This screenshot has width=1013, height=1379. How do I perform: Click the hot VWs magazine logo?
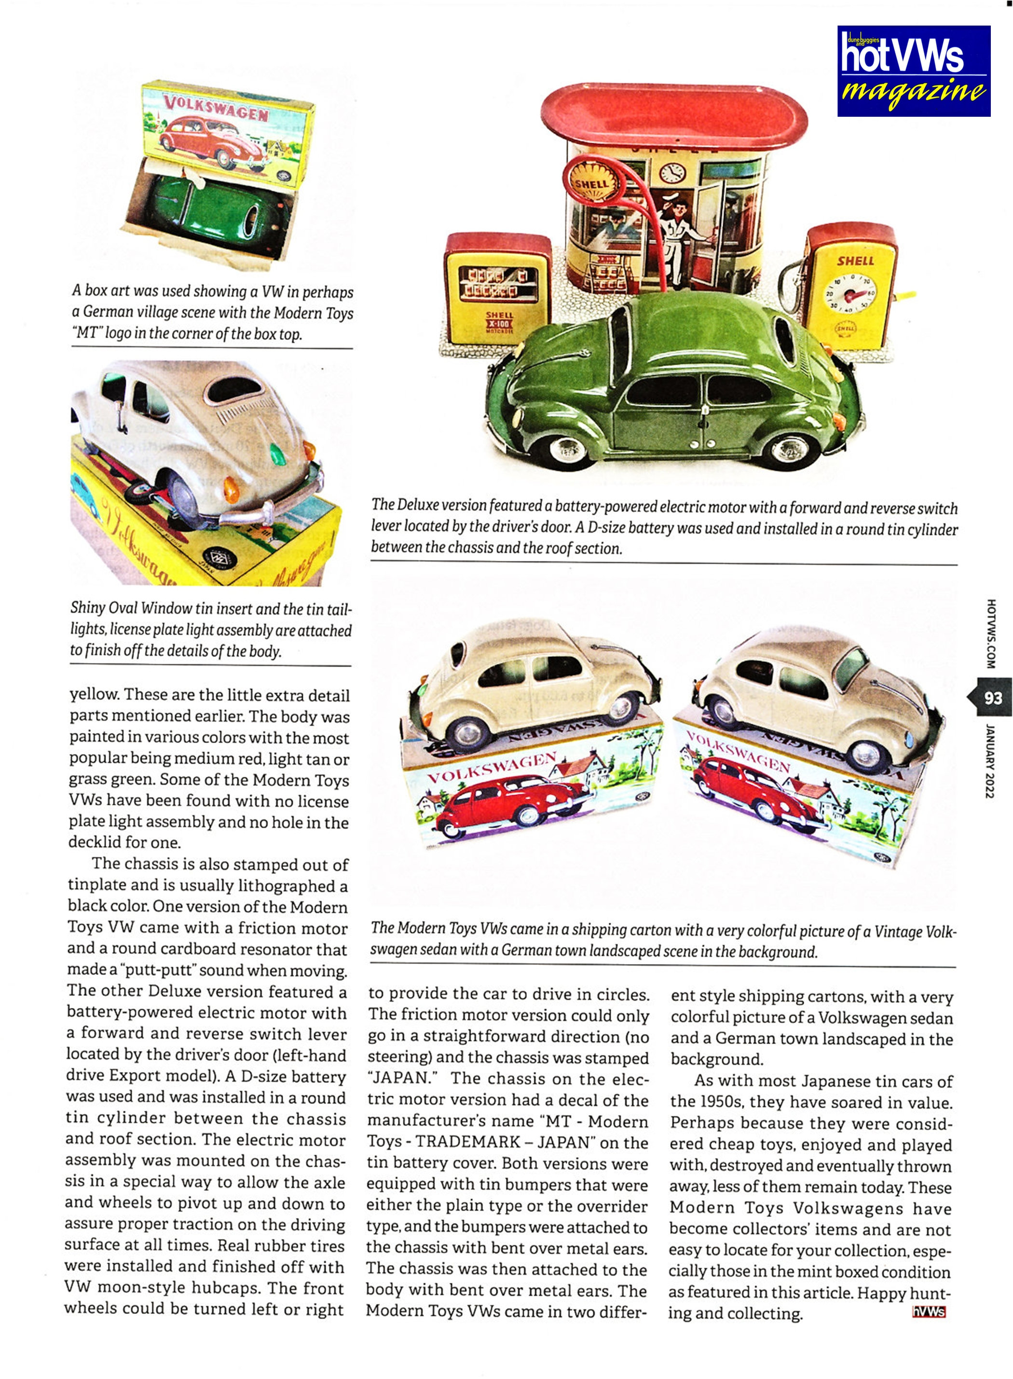[913, 70]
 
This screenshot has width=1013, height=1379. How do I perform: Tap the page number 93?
[993, 698]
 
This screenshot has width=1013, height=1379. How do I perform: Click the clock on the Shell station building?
[672, 173]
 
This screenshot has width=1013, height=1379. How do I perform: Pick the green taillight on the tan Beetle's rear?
[277, 454]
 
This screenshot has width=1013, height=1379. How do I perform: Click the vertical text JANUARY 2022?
[990, 760]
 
